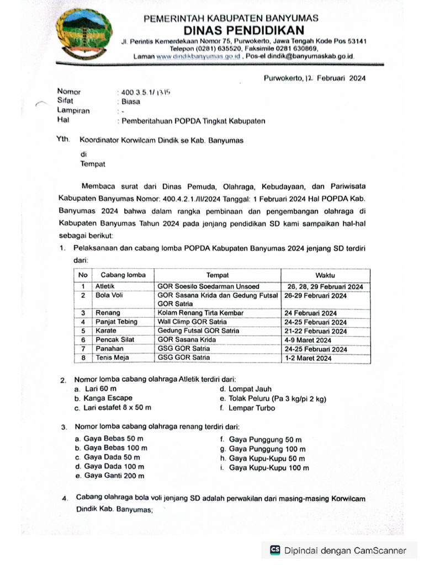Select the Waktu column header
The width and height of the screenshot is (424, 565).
(x=325, y=275)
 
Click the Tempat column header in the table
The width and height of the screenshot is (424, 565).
(x=218, y=275)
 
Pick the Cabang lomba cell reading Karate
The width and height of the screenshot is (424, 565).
(x=106, y=331)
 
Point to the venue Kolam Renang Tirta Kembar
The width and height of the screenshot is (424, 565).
(x=200, y=313)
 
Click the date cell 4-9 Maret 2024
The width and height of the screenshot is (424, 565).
(x=308, y=340)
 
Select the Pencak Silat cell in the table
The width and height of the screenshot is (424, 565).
(x=115, y=339)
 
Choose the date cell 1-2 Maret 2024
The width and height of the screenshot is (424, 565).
(x=308, y=358)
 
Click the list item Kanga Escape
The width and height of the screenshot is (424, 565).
(x=108, y=398)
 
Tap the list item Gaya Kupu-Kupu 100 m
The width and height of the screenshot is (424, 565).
(x=269, y=468)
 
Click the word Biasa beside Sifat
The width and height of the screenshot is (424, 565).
(x=131, y=101)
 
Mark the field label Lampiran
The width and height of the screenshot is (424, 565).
(x=73, y=110)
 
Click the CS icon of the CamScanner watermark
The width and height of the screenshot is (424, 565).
(x=274, y=550)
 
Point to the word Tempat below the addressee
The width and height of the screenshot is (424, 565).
(x=92, y=164)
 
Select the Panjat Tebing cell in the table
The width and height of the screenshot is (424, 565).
(x=117, y=322)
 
